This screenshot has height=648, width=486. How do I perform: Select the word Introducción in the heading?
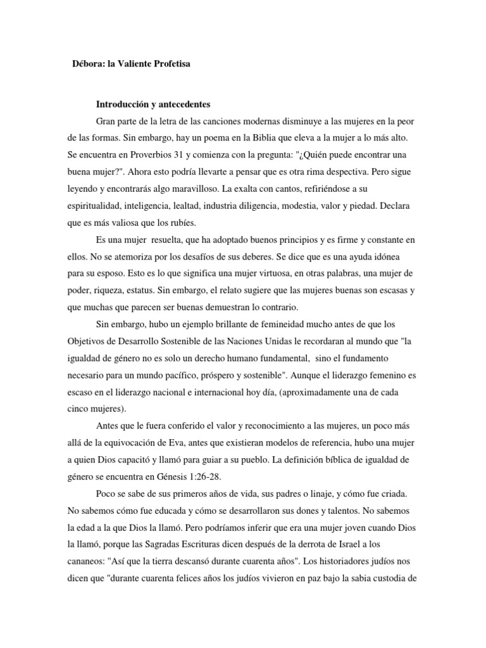pyautogui.click(x=123, y=104)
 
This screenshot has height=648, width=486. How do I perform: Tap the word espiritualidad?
pyautogui.click(x=95, y=205)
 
